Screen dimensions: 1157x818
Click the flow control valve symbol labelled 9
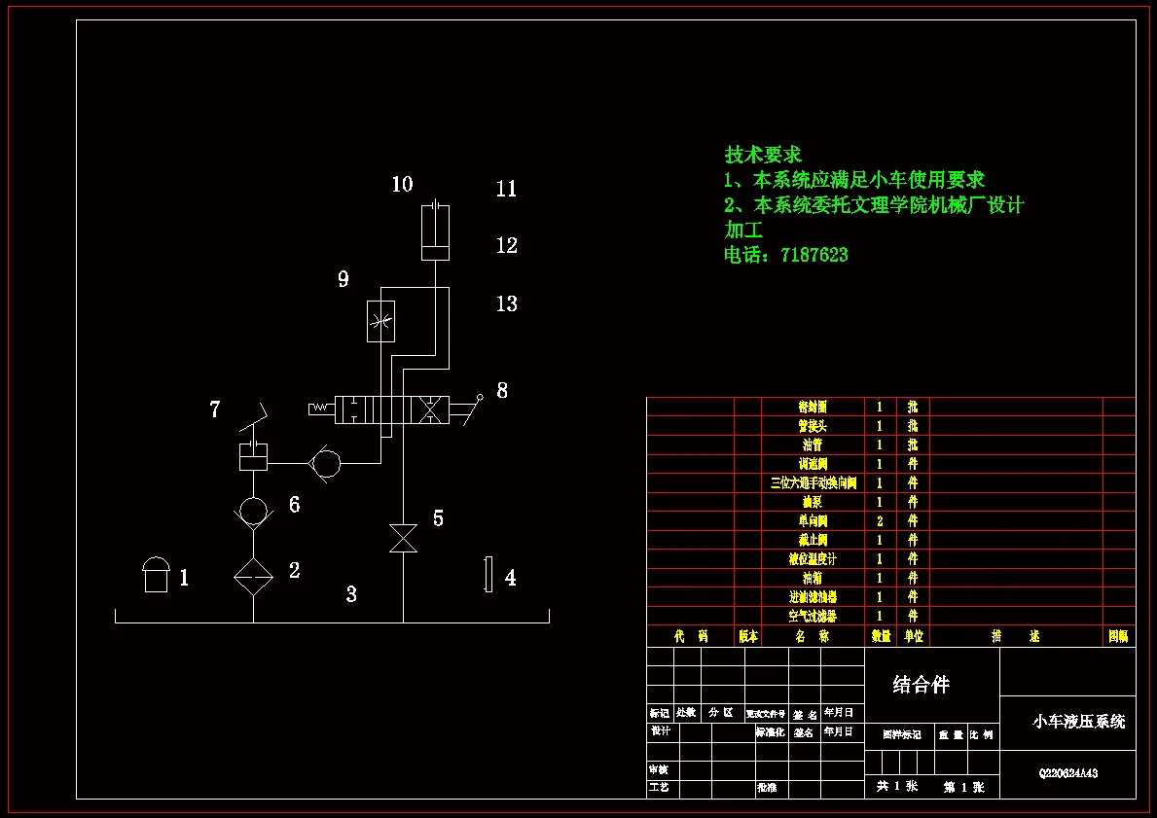point(380,321)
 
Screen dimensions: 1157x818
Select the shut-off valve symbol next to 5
point(403,538)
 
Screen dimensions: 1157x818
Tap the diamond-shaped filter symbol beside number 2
point(253,576)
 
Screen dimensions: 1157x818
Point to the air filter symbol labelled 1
point(156,575)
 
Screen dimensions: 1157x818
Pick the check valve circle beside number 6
point(253,509)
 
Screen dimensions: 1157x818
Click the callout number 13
point(506,304)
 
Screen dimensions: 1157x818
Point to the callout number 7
point(214,410)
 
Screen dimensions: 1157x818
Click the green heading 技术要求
point(763,154)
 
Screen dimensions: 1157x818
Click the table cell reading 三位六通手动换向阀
point(814,482)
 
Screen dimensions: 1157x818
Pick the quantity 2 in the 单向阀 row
point(880,520)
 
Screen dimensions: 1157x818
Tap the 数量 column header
point(881,636)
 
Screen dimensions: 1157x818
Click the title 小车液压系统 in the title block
point(1078,722)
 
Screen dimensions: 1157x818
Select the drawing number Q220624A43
point(1068,774)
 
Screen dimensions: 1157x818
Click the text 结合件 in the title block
point(921,685)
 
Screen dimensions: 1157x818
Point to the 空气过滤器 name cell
point(814,616)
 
